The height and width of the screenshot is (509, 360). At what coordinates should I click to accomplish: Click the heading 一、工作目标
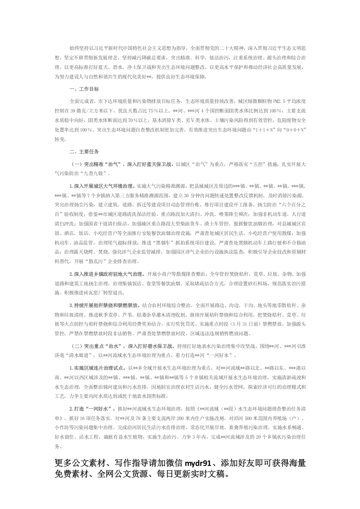[x=83, y=88]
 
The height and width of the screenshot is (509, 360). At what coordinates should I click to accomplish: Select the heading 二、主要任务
[x=83, y=151]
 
